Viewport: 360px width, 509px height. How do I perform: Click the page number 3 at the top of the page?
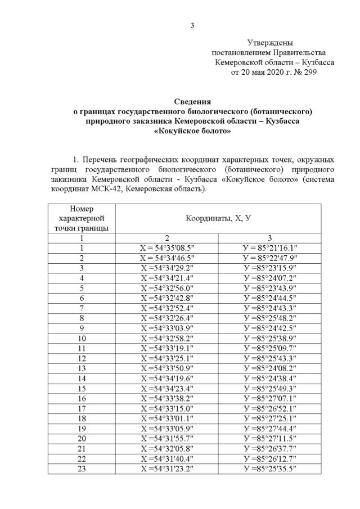pyautogui.click(x=192, y=25)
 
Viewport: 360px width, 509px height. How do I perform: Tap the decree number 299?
pyautogui.click(x=309, y=73)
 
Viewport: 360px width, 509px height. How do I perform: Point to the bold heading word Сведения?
pyautogui.click(x=192, y=102)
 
